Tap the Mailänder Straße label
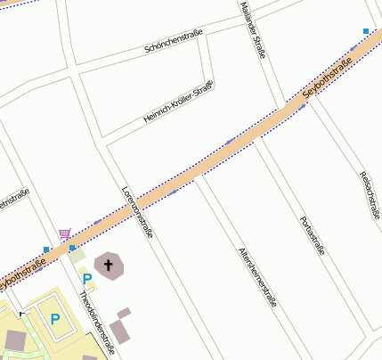click(253, 29)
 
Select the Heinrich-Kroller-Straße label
click(178, 102)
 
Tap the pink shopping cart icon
click(64, 233)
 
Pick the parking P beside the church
click(87, 279)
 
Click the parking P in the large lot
click(54, 318)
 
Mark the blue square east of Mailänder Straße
click(366, 32)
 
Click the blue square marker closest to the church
click(72, 249)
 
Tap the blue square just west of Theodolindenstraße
click(46, 250)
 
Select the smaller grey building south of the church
click(124, 313)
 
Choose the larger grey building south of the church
click(118, 331)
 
